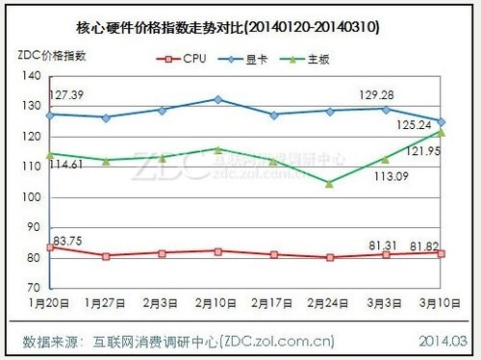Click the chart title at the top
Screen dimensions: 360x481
240,29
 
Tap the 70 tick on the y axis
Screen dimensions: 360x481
34,288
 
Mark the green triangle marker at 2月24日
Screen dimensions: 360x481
329,183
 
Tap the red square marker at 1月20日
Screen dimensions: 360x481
50,247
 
